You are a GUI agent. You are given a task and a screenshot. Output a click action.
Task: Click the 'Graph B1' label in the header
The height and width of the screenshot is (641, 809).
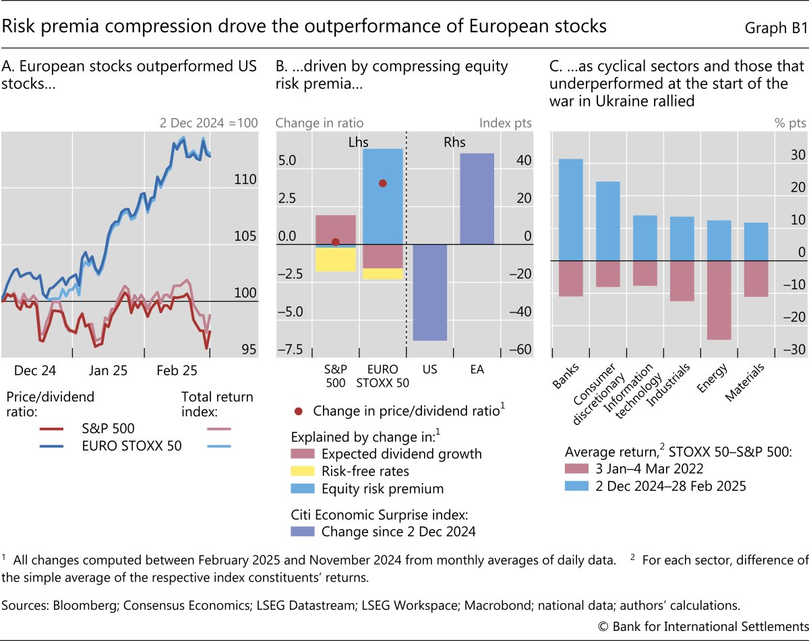click(775, 27)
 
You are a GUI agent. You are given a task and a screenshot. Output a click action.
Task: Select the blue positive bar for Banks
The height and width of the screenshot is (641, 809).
click(571, 209)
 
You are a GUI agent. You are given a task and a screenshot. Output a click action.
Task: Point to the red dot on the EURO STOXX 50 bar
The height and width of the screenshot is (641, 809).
click(383, 184)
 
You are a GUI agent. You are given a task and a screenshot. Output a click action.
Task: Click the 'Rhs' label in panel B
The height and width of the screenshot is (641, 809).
click(454, 142)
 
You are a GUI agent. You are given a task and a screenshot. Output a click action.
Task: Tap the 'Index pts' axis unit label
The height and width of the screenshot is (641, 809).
click(506, 123)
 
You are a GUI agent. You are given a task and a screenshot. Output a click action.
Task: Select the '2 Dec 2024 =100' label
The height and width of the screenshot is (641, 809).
click(200, 123)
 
